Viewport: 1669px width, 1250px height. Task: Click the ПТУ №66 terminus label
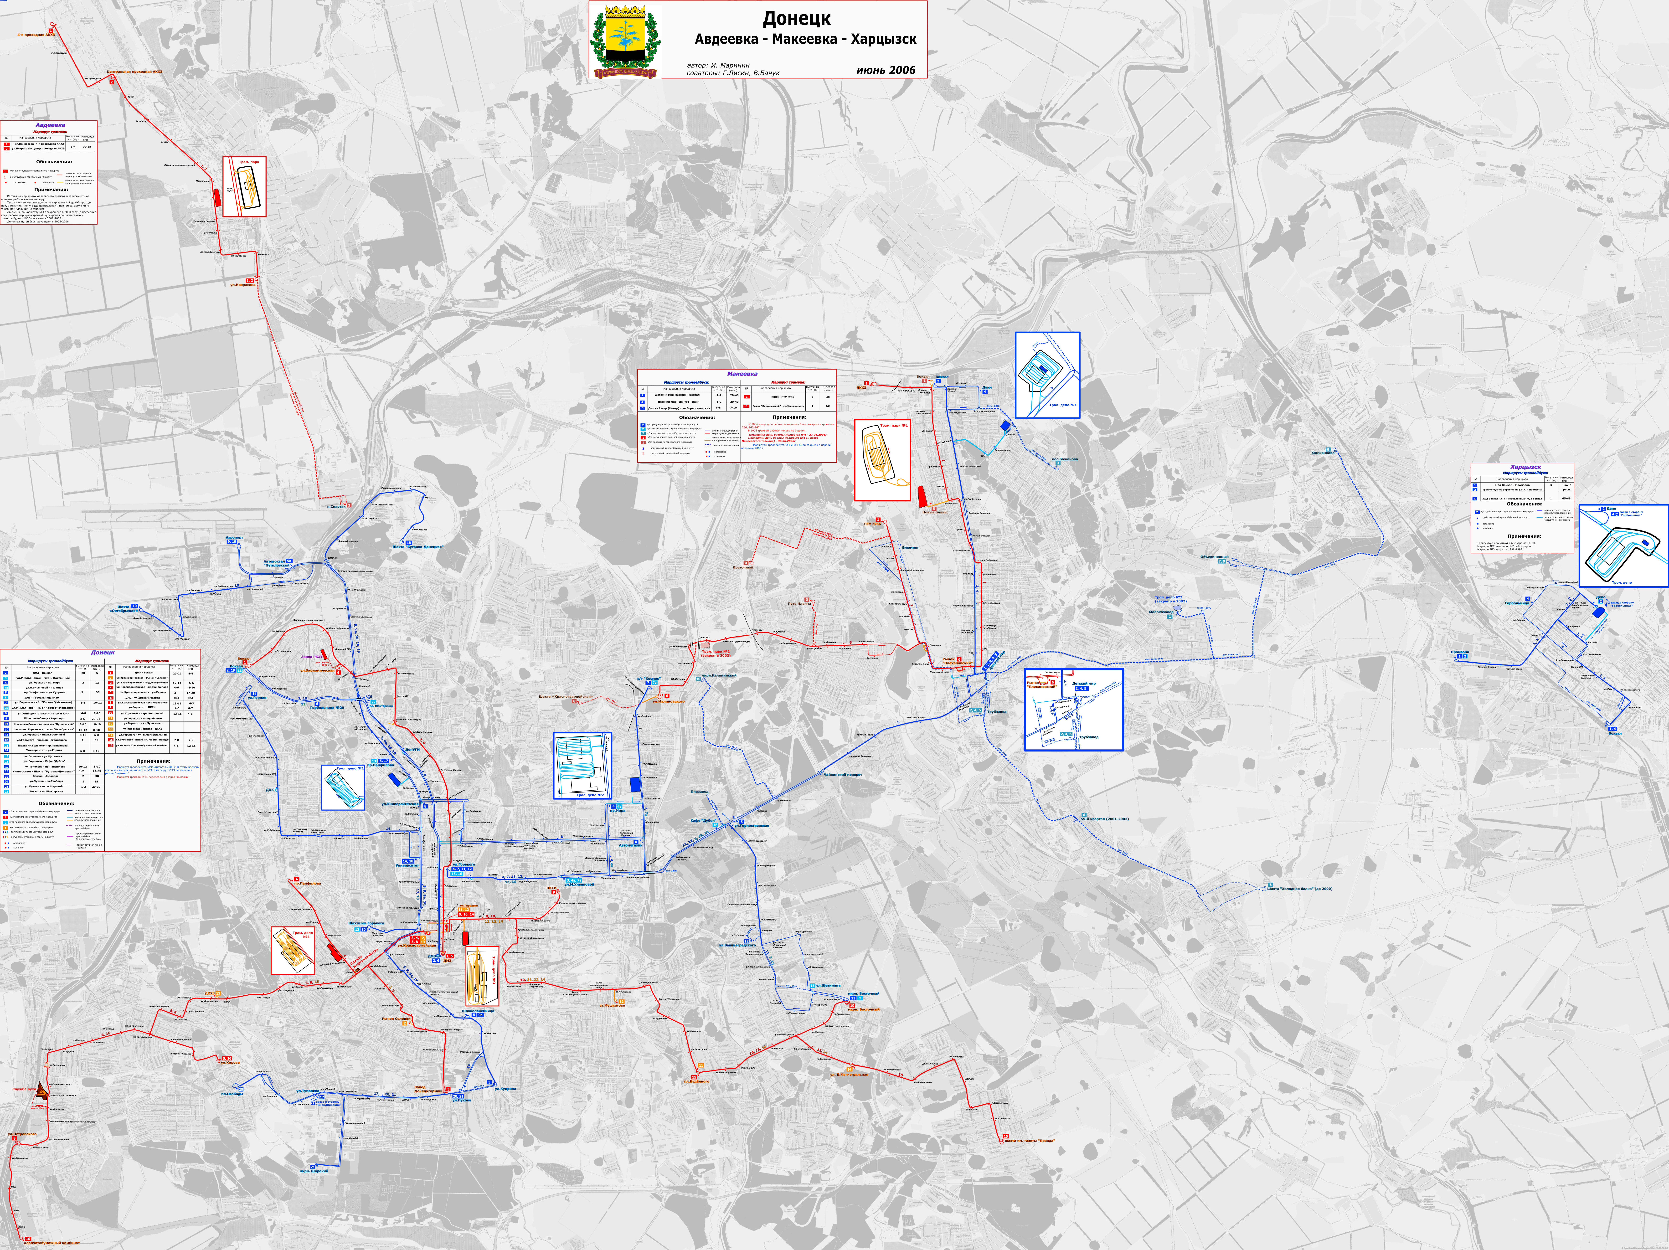[x=872, y=524]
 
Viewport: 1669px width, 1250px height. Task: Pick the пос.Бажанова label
[x=1065, y=459]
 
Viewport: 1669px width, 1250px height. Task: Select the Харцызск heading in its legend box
[x=1526, y=467]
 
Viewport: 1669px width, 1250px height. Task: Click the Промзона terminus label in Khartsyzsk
[x=1459, y=652]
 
